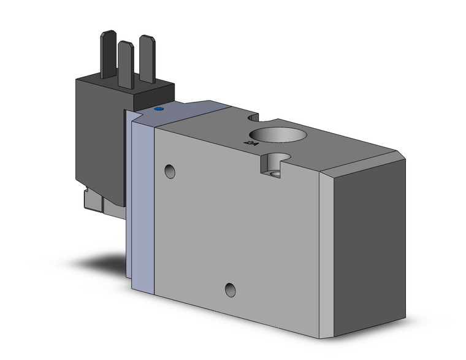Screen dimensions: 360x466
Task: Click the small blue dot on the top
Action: click(159, 109)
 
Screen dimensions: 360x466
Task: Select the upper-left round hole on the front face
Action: click(170, 170)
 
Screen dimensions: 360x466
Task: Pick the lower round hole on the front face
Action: click(231, 288)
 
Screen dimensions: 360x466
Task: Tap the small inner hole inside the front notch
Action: click(277, 174)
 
